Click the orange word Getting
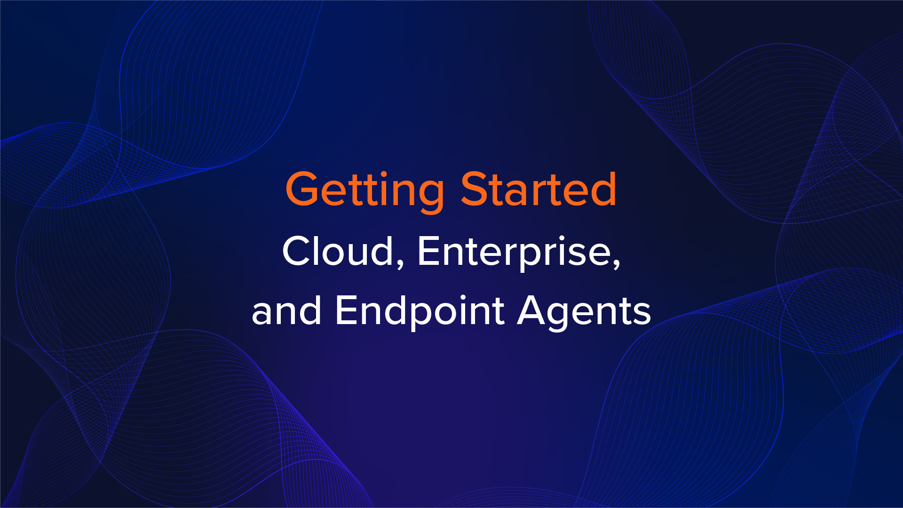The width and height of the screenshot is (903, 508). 364,190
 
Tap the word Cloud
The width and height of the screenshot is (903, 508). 338,252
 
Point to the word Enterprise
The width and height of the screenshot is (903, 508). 515,252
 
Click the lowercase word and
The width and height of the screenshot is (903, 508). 286,311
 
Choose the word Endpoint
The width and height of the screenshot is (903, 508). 420,311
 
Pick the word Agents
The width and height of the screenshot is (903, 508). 584,311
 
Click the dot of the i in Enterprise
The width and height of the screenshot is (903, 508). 570,238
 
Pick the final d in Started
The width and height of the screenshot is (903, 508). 603,189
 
